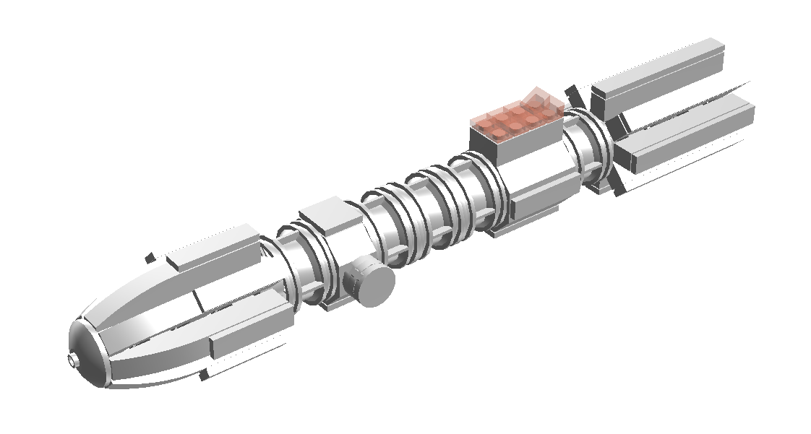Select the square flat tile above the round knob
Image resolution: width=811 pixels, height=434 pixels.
tap(329, 214)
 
